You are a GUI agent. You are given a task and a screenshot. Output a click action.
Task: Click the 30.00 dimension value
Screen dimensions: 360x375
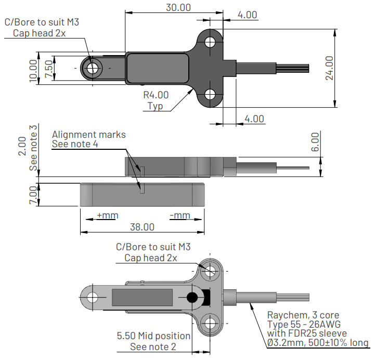click(x=178, y=7)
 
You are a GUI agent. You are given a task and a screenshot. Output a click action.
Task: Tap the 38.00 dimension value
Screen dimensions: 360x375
click(x=142, y=227)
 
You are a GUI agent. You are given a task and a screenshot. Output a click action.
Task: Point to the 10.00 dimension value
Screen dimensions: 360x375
click(x=34, y=70)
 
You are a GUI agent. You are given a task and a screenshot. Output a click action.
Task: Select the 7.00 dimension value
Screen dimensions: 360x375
click(x=33, y=195)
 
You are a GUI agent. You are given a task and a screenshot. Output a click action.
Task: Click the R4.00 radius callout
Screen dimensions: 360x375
click(x=156, y=95)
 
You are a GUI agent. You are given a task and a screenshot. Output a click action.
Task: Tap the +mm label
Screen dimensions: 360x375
click(x=108, y=215)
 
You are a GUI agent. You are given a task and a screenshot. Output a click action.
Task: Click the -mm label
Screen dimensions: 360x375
click(x=180, y=215)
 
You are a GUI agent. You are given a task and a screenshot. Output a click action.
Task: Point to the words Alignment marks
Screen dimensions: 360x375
click(x=88, y=134)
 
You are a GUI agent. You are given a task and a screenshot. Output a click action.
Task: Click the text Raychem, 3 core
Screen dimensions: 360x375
click(x=303, y=315)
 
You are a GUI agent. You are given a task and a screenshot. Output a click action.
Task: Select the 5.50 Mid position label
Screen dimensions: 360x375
click(x=153, y=336)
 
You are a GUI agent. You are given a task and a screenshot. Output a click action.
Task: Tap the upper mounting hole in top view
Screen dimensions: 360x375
click(x=210, y=41)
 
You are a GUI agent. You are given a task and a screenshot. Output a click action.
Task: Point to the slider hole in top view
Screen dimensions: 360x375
click(x=93, y=68)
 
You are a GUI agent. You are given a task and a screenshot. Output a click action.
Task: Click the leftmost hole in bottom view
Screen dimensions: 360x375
click(x=93, y=298)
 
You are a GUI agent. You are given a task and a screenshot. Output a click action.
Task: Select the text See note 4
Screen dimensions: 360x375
click(x=75, y=144)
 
